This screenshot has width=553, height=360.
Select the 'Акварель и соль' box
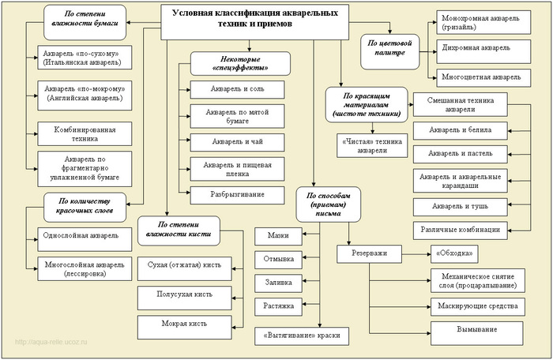(x=237, y=89)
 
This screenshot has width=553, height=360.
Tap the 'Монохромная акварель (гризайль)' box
(x=480, y=21)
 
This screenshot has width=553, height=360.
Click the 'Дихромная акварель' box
(x=480, y=49)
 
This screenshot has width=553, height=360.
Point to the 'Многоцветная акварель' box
(x=480, y=77)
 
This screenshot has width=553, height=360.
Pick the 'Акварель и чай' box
(x=237, y=142)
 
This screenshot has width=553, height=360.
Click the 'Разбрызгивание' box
(x=237, y=194)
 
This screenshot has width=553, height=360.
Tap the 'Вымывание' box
(x=477, y=330)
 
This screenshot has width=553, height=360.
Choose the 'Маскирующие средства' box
(x=477, y=305)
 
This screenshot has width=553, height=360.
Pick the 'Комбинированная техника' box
(x=80, y=133)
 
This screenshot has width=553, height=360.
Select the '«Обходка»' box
(x=454, y=254)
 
